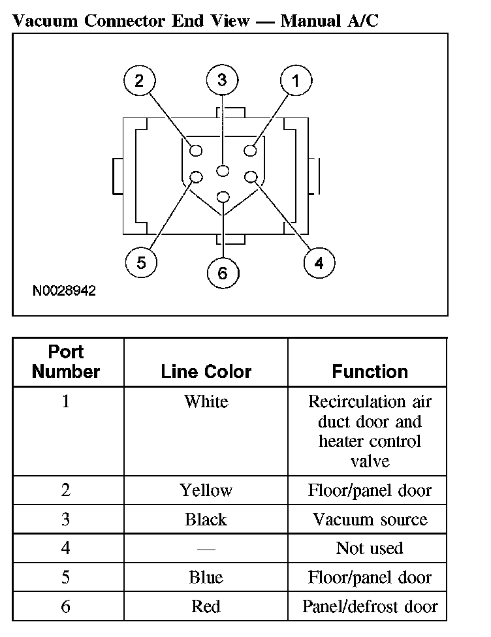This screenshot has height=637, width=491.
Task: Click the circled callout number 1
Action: click(x=296, y=81)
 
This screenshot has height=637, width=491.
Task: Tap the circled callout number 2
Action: click(x=139, y=81)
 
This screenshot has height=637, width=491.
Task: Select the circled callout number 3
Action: click(x=223, y=80)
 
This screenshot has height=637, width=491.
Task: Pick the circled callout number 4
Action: click(x=319, y=263)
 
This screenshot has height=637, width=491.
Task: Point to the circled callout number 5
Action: click(x=142, y=263)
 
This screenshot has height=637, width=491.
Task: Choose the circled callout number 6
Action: click(x=223, y=273)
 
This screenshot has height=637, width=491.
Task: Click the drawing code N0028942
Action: click(x=64, y=291)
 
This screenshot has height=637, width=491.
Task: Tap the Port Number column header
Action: click(x=66, y=362)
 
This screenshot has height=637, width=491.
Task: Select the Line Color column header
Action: click(x=206, y=372)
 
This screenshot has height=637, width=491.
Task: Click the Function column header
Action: click(x=370, y=372)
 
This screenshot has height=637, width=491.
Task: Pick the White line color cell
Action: click(x=206, y=401)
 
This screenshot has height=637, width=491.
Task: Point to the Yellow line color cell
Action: click(x=206, y=490)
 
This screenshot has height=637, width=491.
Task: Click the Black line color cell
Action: click(x=206, y=520)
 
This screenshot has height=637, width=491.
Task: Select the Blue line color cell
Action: click(x=206, y=578)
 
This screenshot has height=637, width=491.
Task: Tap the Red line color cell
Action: click(x=206, y=607)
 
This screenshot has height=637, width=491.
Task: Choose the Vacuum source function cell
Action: click(x=370, y=520)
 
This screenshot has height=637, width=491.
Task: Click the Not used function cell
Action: click(x=370, y=549)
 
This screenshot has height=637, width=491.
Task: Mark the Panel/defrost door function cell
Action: click(x=370, y=607)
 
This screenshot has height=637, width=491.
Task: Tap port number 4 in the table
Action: click(x=66, y=549)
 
